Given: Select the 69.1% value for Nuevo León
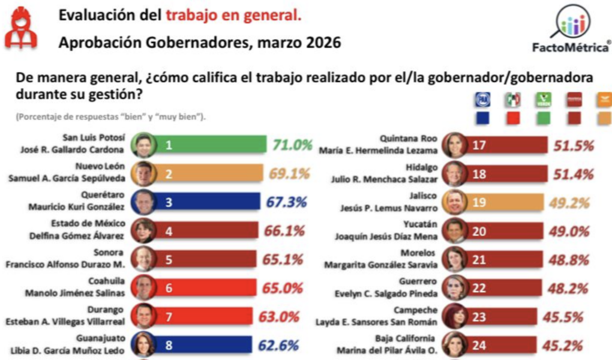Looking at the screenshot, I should [x=289, y=174].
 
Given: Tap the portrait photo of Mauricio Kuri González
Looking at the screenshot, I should [x=144, y=202].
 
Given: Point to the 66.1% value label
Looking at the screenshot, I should [x=283, y=230].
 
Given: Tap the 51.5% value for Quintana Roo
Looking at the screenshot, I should [x=572, y=145].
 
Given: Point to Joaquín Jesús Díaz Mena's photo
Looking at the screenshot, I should [x=454, y=230].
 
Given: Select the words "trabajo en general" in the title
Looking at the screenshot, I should [x=233, y=16].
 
